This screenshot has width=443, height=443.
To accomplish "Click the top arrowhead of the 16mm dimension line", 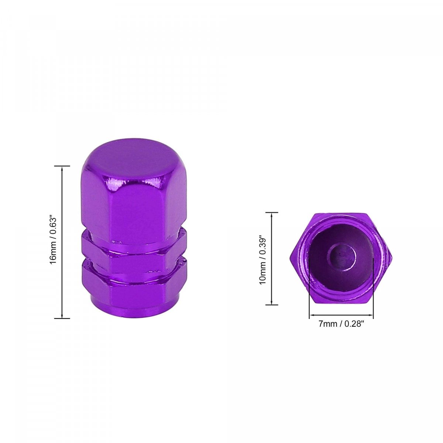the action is pos(62,168).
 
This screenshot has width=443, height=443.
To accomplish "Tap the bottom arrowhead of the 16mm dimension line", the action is pos(62,316).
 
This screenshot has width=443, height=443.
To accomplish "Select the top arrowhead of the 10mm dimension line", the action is pos(272,215).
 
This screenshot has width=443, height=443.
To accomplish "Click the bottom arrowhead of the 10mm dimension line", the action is pos(272,302).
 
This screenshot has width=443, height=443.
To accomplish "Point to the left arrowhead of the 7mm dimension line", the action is pos(312,315).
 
